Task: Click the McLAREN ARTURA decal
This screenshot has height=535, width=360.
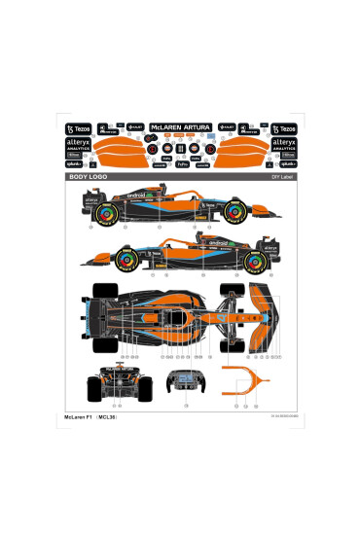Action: coord(180,126)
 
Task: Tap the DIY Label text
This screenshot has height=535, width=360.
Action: coord(282,179)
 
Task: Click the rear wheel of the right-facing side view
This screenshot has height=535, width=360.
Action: coord(110,212)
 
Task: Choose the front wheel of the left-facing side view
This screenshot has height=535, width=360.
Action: coord(126,258)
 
